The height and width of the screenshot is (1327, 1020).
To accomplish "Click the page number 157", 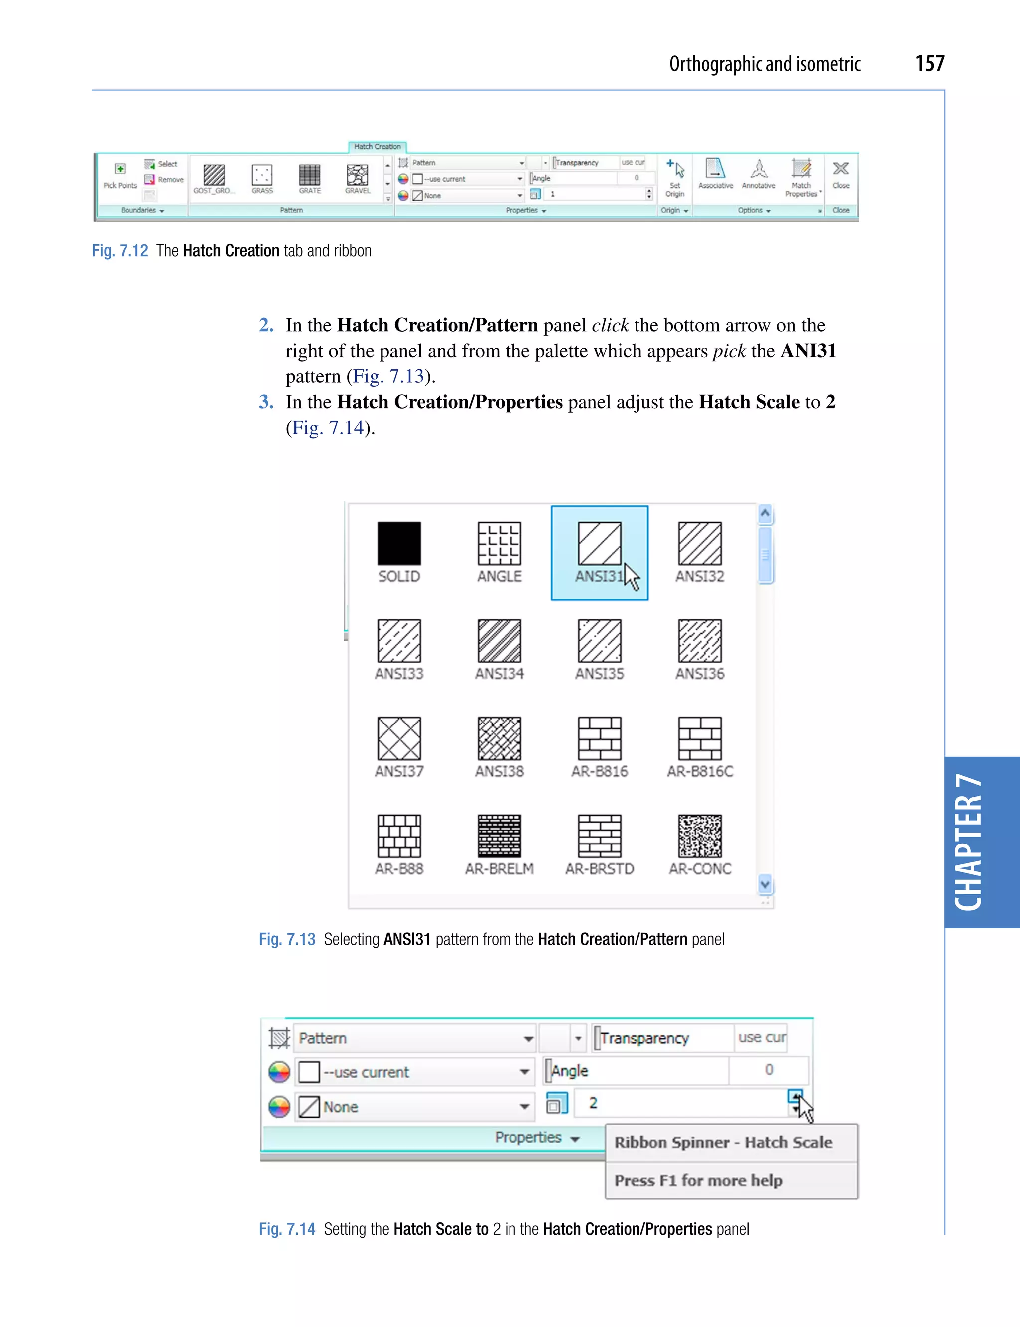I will point(929,63).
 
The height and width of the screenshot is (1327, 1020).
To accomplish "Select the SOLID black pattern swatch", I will point(399,543).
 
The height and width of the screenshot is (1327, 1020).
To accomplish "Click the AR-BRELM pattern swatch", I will point(499,836).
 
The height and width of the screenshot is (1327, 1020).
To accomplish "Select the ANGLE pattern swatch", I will point(499,543).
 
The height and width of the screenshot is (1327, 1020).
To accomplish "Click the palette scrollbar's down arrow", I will point(765,884).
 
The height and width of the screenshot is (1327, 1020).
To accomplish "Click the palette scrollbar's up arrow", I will point(765,513).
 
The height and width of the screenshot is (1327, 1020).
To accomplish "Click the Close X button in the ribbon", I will point(840,169).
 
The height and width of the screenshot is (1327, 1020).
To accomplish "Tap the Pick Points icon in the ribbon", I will point(120,169).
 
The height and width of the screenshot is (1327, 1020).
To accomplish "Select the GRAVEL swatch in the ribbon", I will point(357,175).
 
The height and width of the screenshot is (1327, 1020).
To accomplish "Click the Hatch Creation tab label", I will point(377,147).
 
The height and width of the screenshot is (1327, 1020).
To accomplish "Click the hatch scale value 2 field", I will point(680,1103).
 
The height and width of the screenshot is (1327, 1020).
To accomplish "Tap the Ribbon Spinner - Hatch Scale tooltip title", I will point(723,1142).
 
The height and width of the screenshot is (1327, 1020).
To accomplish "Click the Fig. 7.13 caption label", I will point(286,939).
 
